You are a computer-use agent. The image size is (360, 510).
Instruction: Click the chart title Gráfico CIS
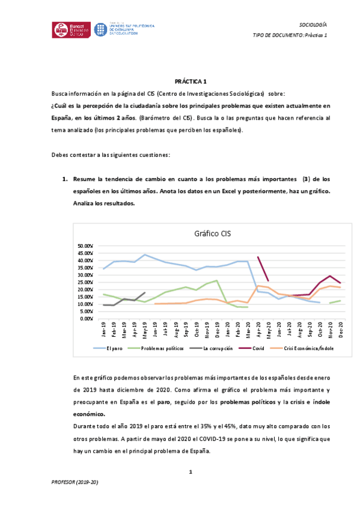tap(212, 233)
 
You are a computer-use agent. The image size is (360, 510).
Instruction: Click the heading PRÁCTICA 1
tap(191, 81)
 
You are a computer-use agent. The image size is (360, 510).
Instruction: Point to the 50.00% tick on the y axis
tap(86, 246)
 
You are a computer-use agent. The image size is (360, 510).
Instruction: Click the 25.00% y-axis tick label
tap(86, 282)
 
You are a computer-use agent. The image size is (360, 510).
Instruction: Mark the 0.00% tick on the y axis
tap(88, 318)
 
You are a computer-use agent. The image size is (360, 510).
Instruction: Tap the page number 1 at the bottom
tap(190, 472)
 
